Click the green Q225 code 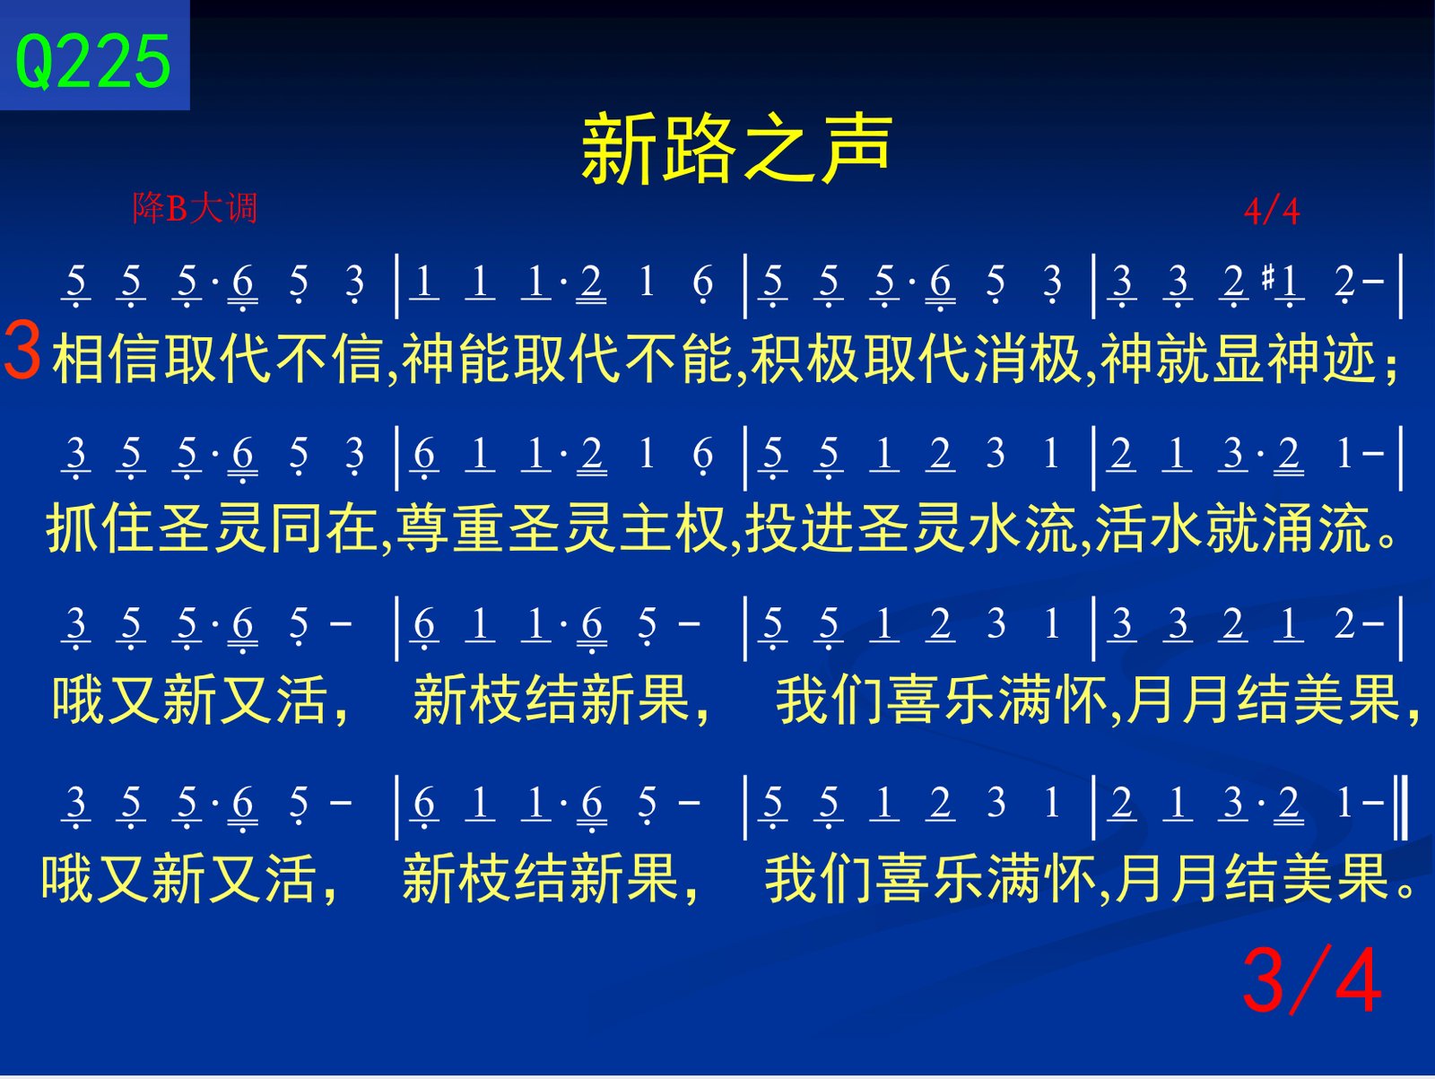[92, 61]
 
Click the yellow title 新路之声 [737, 148]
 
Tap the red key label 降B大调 [195, 208]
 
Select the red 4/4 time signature [1272, 212]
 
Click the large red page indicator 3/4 [1311, 980]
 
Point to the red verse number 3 [22, 352]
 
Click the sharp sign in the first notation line [1267, 279]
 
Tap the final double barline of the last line [1400, 806]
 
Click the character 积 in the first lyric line [778, 359]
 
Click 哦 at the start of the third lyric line [78, 700]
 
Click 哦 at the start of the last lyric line [67, 878]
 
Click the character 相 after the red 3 [79, 359]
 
